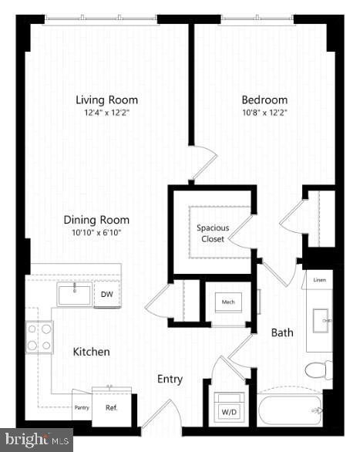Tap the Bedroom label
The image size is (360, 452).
(x=264, y=100)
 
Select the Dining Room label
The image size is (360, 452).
(x=96, y=220)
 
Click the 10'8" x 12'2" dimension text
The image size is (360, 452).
(x=264, y=113)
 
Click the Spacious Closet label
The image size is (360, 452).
(x=212, y=233)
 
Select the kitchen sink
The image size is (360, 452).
(x=75, y=295)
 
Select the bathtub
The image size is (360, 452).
(x=291, y=409)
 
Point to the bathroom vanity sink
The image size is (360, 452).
(x=319, y=319)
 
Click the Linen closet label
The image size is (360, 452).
(x=318, y=281)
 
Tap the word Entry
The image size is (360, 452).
(x=170, y=379)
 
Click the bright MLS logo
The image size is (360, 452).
(x=36, y=440)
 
